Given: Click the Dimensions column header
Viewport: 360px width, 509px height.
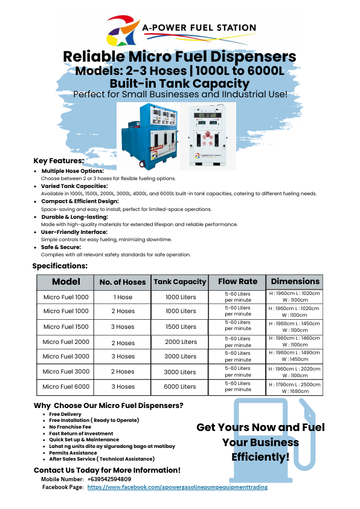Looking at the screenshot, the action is click(x=294, y=282).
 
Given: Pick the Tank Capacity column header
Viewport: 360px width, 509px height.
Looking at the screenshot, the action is click(x=180, y=282).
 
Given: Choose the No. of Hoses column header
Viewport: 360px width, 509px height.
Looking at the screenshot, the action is click(x=123, y=282).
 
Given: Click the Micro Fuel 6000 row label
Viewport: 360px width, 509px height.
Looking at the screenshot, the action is click(x=65, y=386).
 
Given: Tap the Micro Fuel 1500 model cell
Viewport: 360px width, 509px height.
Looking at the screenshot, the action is click(x=65, y=326).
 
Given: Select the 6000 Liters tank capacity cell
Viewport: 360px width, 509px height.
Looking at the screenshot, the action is click(x=180, y=387).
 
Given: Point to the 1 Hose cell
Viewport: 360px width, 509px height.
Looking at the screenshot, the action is click(x=123, y=297).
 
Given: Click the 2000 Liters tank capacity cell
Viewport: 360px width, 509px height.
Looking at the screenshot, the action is click(x=180, y=342).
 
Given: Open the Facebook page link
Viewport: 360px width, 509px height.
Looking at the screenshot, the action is click(x=177, y=487).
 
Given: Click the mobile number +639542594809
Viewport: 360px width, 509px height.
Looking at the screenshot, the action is click(x=109, y=479).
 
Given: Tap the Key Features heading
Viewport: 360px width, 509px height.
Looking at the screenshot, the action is click(x=58, y=161).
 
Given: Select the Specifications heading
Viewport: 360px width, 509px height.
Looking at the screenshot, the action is click(x=60, y=265).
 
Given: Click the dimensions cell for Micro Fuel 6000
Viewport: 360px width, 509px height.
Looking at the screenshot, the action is click(x=294, y=387).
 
